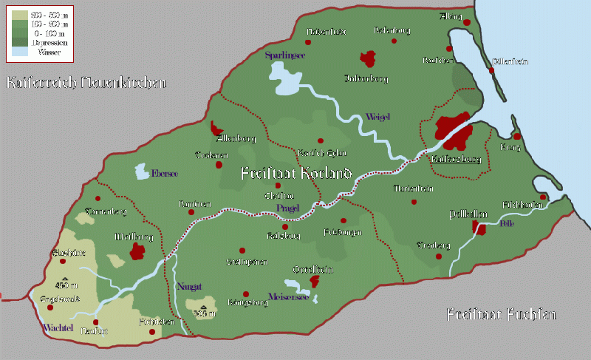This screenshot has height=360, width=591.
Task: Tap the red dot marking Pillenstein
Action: coord(492,72)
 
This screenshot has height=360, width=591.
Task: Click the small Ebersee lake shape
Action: coord(141,172)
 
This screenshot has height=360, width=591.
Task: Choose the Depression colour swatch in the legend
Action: coord(19,43)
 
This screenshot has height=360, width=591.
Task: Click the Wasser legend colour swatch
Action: coord(19,52)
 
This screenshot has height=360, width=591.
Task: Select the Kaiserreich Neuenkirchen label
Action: coord(85,82)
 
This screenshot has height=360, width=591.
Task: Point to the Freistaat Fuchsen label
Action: coord(500,316)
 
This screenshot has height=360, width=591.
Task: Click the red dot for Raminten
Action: coord(192,213)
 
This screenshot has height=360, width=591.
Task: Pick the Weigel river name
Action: coord(377,117)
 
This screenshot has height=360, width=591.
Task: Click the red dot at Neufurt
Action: coord(95,322)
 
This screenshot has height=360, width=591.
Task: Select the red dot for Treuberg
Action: coord(439,257)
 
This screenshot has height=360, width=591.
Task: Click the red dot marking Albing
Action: coord(467,24)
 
